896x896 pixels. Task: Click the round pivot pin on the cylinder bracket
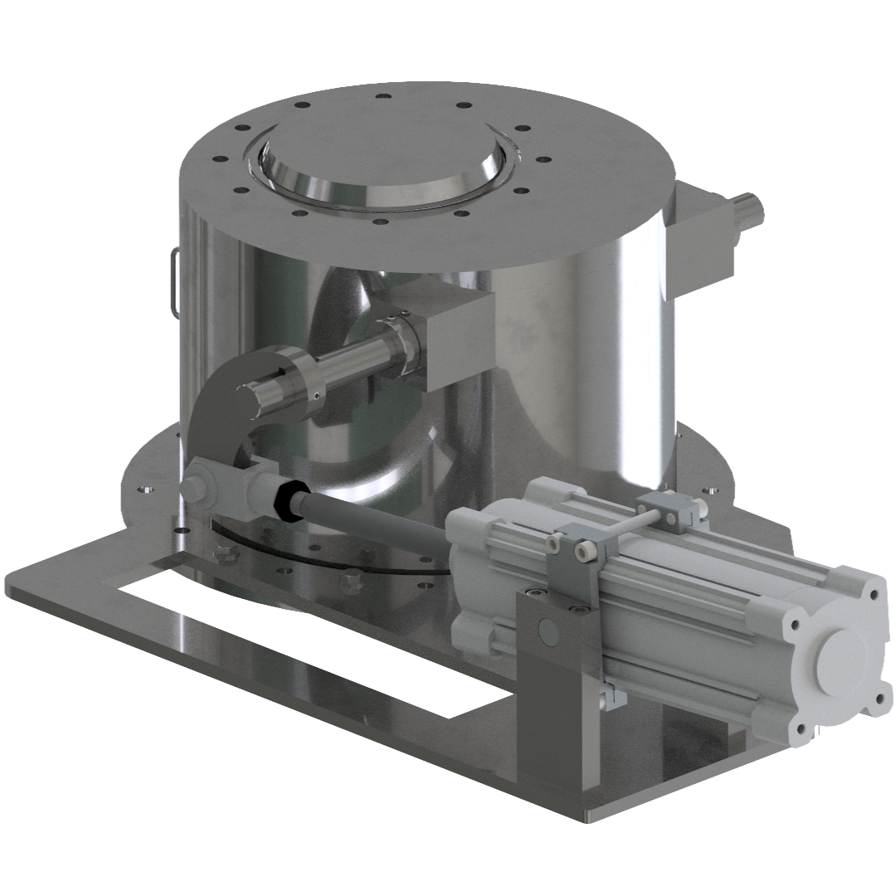548,631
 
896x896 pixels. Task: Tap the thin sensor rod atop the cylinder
622,523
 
